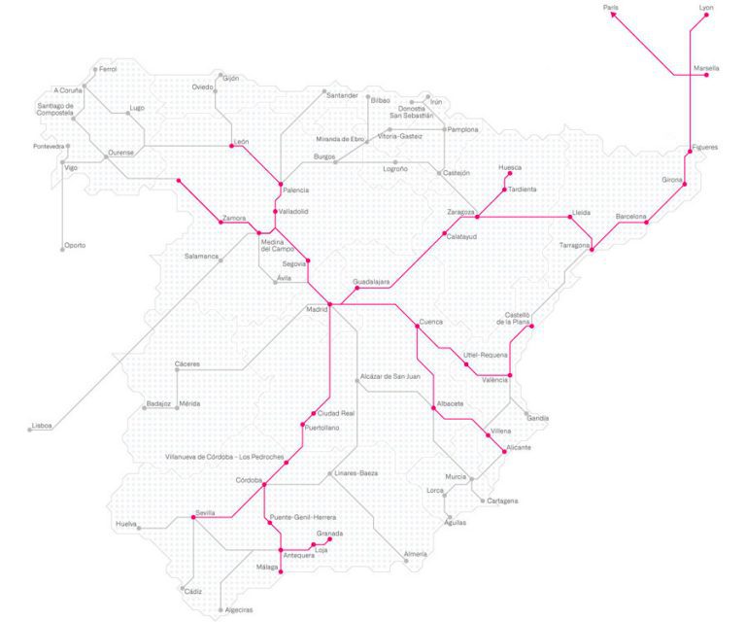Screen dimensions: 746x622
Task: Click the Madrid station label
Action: click(318, 310)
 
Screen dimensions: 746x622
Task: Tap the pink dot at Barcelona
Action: click(647, 223)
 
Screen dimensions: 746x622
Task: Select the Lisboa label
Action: click(42, 426)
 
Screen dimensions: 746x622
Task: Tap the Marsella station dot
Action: click(706, 75)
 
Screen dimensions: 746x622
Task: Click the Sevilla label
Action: click(204, 512)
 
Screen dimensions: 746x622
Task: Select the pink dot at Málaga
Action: click(281, 571)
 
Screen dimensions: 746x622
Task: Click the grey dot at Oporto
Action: click(63, 250)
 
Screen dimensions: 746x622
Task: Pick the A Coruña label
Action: click(70, 90)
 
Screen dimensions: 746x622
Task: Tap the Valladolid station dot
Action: click(276, 211)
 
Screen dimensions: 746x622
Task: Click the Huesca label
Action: click(509, 167)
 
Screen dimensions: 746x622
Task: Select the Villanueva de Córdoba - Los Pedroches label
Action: click(224, 457)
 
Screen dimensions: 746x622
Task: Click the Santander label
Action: click(342, 95)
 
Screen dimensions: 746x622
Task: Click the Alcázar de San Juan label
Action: click(389, 376)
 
